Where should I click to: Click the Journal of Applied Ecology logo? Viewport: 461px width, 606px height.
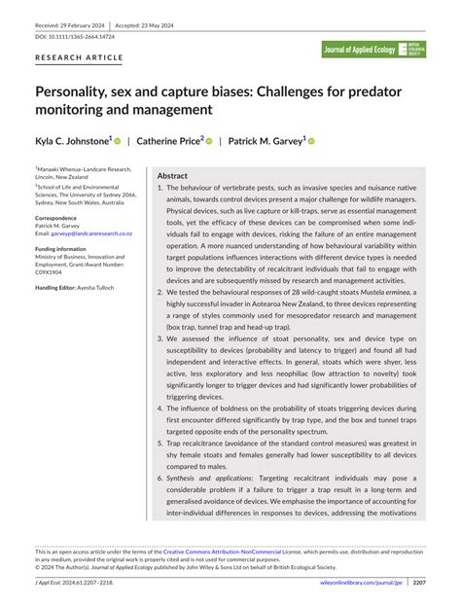click(373, 50)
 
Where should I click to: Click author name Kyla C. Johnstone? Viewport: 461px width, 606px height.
click(74, 141)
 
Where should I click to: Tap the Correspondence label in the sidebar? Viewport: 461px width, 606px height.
click(60, 216)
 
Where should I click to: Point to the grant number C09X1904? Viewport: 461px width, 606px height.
click(52, 272)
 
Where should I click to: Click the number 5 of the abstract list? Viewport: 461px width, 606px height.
click(160, 443)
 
